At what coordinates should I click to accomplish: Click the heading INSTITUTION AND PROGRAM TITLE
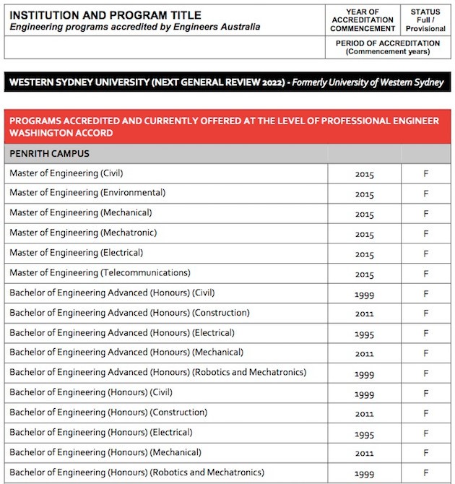(x=105, y=15)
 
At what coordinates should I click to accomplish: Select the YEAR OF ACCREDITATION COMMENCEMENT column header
(x=363, y=20)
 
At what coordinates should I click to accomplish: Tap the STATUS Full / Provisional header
(x=425, y=20)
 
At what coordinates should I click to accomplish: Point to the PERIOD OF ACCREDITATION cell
(x=388, y=48)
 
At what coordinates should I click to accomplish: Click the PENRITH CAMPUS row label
(x=49, y=154)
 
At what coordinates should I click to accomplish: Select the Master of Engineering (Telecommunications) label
(x=100, y=273)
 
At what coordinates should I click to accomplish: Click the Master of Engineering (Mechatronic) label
(x=83, y=233)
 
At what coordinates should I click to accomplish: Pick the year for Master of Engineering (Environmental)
(x=364, y=194)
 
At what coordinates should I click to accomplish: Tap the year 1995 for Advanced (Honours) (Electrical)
(x=364, y=334)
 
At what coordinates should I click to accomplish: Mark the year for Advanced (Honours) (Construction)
(x=364, y=314)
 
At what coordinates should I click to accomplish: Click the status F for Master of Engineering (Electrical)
(x=425, y=254)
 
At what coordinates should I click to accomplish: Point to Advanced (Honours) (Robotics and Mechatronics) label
(x=157, y=372)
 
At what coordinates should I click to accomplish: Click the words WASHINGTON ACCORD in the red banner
(x=61, y=134)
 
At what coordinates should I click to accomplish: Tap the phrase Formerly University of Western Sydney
(x=366, y=82)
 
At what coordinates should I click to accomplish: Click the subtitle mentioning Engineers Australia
(x=134, y=27)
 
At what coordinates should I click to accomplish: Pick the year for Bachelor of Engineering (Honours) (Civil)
(x=364, y=394)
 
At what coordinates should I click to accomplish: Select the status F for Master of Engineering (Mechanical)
(x=425, y=215)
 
